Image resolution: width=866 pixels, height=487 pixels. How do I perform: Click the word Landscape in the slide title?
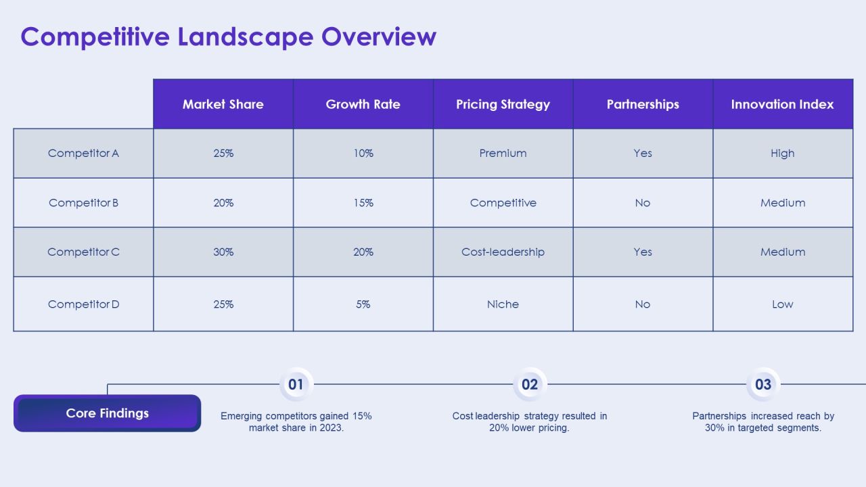pyautogui.click(x=245, y=37)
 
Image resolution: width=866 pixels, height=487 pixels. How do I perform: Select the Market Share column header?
pyautogui.click(x=223, y=104)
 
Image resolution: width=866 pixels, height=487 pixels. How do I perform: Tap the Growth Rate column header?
pyautogui.click(x=363, y=104)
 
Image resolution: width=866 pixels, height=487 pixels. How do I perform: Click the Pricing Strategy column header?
pyautogui.click(x=503, y=104)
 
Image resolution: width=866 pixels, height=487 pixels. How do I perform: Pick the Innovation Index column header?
pyautogui.click(x=783, y=104)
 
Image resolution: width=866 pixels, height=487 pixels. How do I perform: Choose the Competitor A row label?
pyautogui.click(x=83, y=154)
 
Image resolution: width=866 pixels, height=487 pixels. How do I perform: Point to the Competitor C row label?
pyautogui.click(x=83, y=252)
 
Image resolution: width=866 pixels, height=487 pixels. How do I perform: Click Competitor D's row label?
pyautogui.click(x=83, y=304)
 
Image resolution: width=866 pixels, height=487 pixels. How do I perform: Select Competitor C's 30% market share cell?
pyautogui.click(x=223, y=252)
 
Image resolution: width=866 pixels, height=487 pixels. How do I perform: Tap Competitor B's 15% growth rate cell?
pyautogui.click(x=363, y=203)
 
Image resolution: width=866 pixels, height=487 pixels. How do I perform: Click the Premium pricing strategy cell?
pyautogui.click(x=503, y=154)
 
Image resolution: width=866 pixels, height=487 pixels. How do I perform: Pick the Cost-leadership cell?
pyautogui.click(x=503, y=252)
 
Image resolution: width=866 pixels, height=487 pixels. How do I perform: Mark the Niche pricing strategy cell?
pyautogui.click(x=503, y=304)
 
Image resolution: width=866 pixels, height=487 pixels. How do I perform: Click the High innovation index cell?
pyautogui.click(x=783, y=154)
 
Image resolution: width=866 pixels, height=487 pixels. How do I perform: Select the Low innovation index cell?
pyautogui.click(x=783, y=304)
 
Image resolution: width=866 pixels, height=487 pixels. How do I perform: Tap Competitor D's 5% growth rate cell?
pyautogui.click(x=363, y=304)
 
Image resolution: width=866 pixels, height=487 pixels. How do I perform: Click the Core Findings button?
pyautogui.click(x=107, y=413)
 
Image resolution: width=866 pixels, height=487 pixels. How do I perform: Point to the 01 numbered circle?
pyautogui.click(x=296, y=384)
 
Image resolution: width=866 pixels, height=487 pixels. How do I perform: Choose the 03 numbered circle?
pyautogui.click(x=763, y=384)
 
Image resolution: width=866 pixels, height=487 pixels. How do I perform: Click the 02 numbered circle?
pyautogui.click(x=530, y=384)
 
